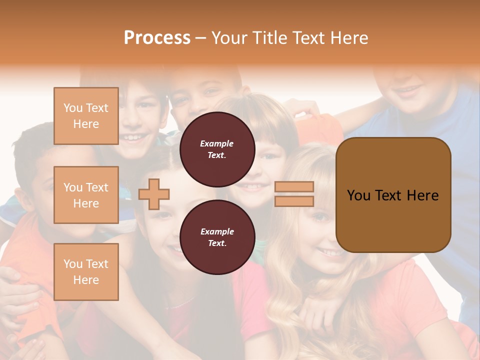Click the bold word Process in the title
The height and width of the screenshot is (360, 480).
pyautogui.click(x=157, y=37)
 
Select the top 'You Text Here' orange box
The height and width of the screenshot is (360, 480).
pyautogui.click(x=86, y=116)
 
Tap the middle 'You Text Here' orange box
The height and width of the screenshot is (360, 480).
pyautogui.click(x=86, y=195)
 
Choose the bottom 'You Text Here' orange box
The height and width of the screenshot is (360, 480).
pyautogui.click(x=86, y=272)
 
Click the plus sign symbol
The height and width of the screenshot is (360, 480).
pyautogui.click(x=154, y=194)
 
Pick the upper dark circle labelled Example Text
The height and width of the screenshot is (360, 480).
pyautogui.click(x=217, y=149)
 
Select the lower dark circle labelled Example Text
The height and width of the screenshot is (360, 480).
pyautogui.click(x=217, y=237)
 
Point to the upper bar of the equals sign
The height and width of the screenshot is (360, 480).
pyautogui.click(x=294, y=187)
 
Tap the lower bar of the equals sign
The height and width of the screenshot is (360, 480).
pyautogui.click(x=294, y=201)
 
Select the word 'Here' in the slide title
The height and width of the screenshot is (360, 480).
pyautogui.click(x=350, y=38)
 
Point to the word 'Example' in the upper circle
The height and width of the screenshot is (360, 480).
pyautogui.click(x=217, y=143)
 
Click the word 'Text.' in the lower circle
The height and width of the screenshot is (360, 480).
pyautogui.click(x=217, y=243)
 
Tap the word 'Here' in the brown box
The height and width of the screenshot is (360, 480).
pyautogui.click(x=422, y=195)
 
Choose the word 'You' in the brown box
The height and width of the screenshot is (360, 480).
pyautogui.click(x=358, y=195)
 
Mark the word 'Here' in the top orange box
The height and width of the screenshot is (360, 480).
pyautogui.click(x=86, y=124)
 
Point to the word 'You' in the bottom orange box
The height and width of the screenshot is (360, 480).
pyautogui.click(x=73, y=264)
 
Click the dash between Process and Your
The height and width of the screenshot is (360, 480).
pyautogui.click(x=200, y=38)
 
